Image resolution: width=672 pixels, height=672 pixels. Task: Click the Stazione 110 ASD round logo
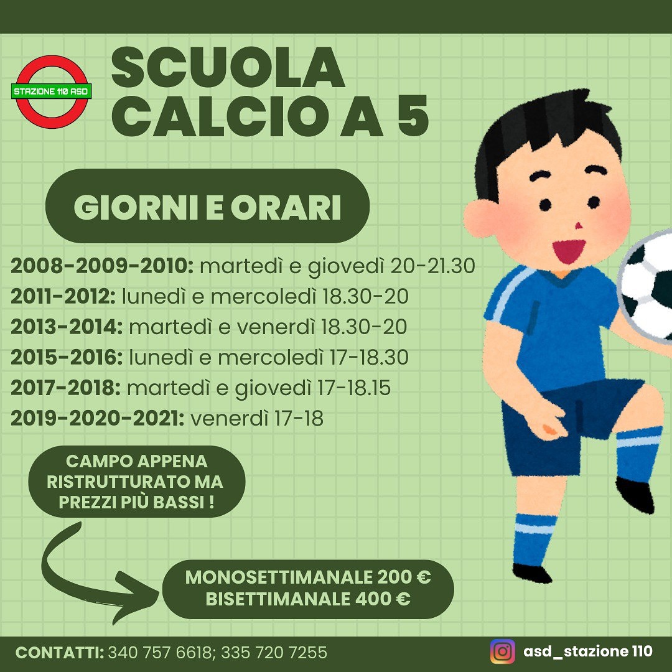click(x=52, y=91)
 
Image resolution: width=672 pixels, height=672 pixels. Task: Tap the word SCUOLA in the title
click(x=228, y=68)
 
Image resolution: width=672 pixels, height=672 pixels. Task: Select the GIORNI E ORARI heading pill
click(x=207, y=206)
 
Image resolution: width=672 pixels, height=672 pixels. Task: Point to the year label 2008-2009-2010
click(x=102, y=266)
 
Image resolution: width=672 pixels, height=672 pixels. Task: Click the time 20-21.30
click(x=432, y=266)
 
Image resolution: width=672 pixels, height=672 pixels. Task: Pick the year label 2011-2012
click(x=63, y=296)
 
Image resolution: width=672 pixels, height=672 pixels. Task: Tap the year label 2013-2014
click(x=67, y=327)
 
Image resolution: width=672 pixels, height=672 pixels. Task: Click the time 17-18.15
click(x=353, y=388)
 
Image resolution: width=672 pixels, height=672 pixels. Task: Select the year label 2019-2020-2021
click(x=98, y=418)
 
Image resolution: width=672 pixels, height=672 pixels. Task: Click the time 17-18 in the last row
click(x=299, y=418)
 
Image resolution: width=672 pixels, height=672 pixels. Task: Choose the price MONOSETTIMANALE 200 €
click(x=308, y=577)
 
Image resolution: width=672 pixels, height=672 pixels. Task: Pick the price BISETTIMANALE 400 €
click(x=308, y=599)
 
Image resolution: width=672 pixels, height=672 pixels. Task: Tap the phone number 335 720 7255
click(x=274, y=652)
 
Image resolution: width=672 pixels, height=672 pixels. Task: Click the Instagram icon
click(x=502, y=651)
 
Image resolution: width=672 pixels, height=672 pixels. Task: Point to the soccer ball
click(x=646, y=286)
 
